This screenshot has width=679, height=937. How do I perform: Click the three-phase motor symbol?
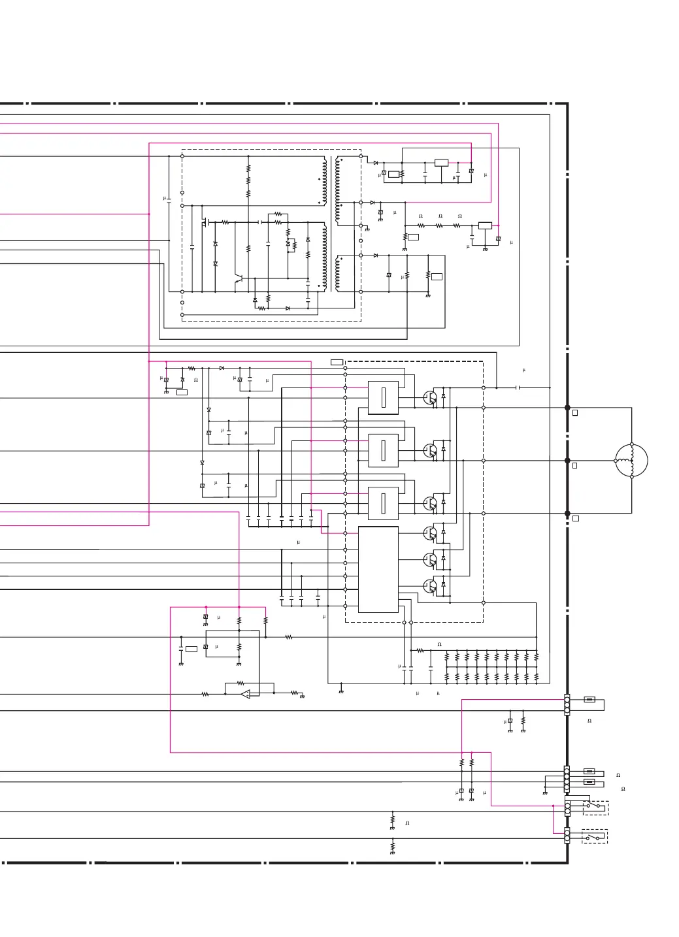631,461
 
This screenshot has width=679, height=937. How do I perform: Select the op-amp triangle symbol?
246,694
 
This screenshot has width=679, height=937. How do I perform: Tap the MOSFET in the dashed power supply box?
205,222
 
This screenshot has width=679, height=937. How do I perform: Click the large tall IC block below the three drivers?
378,569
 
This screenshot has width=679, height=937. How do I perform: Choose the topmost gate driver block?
383,397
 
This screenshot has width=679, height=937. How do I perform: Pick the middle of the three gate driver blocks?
383,450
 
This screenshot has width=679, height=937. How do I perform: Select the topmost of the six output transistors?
429,398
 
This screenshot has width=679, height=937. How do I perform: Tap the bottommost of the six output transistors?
429,586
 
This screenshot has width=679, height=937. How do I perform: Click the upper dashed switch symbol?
595,808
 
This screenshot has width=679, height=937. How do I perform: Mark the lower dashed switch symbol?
594,836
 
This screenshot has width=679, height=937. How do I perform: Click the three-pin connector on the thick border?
567,704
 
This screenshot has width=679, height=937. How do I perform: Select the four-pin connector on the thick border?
567,779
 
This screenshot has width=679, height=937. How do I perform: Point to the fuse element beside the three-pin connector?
589,700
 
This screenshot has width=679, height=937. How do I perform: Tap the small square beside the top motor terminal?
575,413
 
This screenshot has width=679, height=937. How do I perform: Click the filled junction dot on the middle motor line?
567,461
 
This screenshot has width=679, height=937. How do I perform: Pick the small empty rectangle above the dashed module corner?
337,362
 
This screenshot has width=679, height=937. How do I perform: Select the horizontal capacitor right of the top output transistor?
518,387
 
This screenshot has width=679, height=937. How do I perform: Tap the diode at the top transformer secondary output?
376,163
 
